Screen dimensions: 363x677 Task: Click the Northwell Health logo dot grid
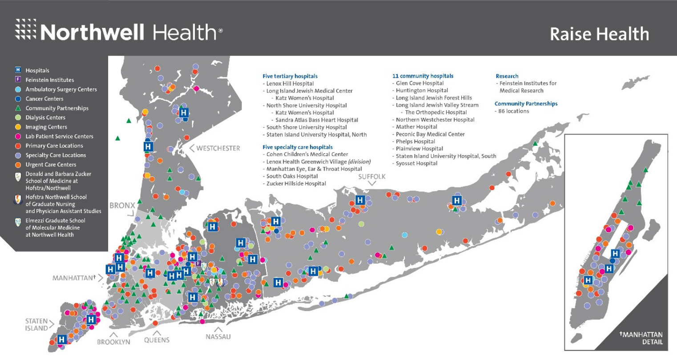point(26,29)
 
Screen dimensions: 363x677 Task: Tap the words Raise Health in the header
point(599,34)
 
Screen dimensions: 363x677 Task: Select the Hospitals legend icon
point(18,70)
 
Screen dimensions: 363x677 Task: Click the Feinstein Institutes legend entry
point(49,80)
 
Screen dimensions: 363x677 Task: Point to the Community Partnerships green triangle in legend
point(18,108)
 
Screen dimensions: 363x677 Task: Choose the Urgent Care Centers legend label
point(51,165)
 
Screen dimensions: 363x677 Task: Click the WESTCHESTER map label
point(218,148)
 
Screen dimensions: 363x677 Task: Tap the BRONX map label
point(122,206)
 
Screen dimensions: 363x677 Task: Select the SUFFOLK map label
point(372,177)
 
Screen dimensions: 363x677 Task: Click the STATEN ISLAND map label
point(36,325)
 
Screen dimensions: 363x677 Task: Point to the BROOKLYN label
point(113,342)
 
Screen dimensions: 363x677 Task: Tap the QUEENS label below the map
point(157,340)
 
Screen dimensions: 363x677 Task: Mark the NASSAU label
point(218,337)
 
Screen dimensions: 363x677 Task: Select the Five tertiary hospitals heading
point(290,76)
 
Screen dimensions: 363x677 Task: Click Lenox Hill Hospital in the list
point(290,84)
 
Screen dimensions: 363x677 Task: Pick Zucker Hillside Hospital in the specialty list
point(296,183)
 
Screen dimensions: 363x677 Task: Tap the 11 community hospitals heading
point(423,76)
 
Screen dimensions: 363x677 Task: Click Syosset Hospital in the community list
point(416,164)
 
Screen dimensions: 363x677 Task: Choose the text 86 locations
point(513,111)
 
